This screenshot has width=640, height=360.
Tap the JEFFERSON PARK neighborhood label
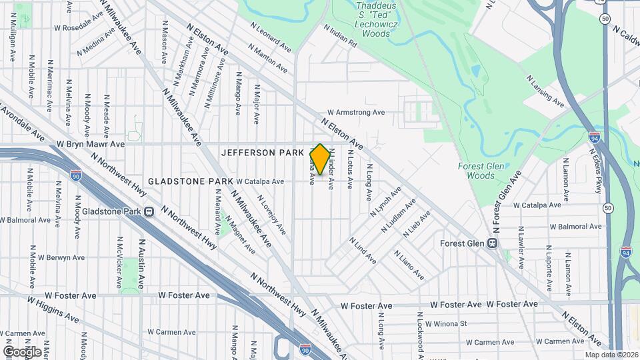pyautogui.click(x=257, y=153)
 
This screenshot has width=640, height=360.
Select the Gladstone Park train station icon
pyautogui.click(x=149, y=212)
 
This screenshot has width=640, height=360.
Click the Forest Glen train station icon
pyautogui.click(x=493, y=243)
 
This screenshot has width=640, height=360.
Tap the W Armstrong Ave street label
pyautogui.click(x=356, y=113)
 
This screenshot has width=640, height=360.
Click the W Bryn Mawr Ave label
pyautogui.click(x=91, y=143)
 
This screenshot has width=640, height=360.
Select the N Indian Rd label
pyautogui.click(x=341, y=36)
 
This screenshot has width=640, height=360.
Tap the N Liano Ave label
pyautogui.click(x=408, y=265)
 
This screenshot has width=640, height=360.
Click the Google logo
pyautogui.click(x=21, y=351)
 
